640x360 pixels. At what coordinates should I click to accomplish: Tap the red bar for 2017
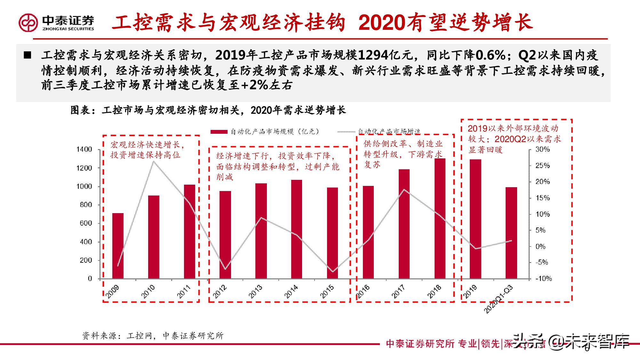coord(404,224)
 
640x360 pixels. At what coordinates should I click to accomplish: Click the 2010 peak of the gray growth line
coord(154,161)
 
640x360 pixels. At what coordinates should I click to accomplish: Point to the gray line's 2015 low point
coord(333,272)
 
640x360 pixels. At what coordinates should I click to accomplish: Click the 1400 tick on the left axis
coord(84,149)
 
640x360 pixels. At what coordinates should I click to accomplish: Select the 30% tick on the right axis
coord(543,149)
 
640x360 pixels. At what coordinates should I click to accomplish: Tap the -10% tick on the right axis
coord(544,279)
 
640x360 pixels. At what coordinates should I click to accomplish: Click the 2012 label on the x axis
coord(220,292)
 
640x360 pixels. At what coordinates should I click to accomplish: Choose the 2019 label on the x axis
coord(470,292)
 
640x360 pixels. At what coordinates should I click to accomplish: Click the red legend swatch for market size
coord(219,132)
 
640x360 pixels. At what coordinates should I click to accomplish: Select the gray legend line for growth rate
coord(347,132)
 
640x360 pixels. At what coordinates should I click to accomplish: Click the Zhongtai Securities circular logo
coord(28,22)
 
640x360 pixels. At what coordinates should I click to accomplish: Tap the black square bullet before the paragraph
coord(28,55)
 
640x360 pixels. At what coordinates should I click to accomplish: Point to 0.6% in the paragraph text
coord(491,55)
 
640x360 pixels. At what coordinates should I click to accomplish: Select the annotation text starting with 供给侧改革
coord(403,154)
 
